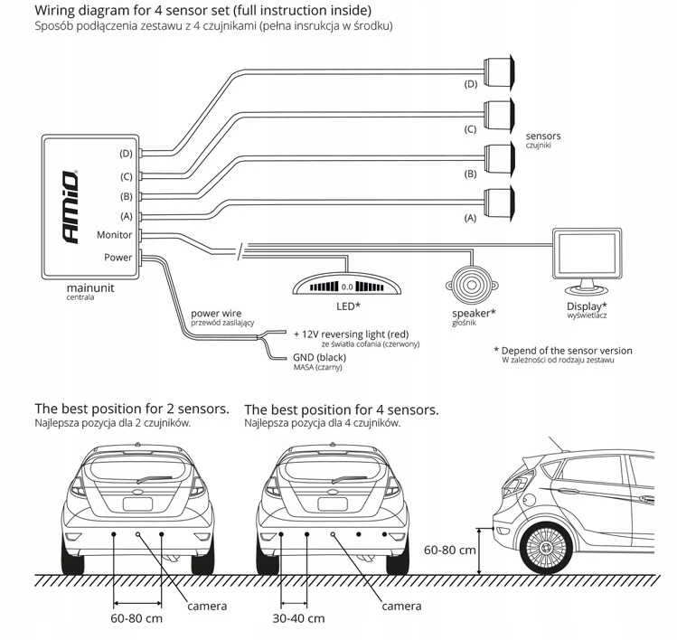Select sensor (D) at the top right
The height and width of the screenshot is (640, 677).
pyautogui.click(x=499, y=68)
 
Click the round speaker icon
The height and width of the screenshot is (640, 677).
pyautogui.click(x=470, y=284)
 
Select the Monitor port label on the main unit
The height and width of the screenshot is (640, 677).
pyautogui.click(x=114, y=235)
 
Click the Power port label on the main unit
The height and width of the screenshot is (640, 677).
pyautogui.click(x=118, y=257)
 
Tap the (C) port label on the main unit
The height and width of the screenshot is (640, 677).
pyautogui.click(x=126, y=176)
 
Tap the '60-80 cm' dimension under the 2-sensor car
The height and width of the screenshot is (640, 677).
pyautogui.click(x=136, y=618)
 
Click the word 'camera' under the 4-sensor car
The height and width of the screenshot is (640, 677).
pyautogui.click(x=401, y=606)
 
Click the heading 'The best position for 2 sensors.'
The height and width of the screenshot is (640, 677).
pyautogui.click(x=131, y=409)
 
